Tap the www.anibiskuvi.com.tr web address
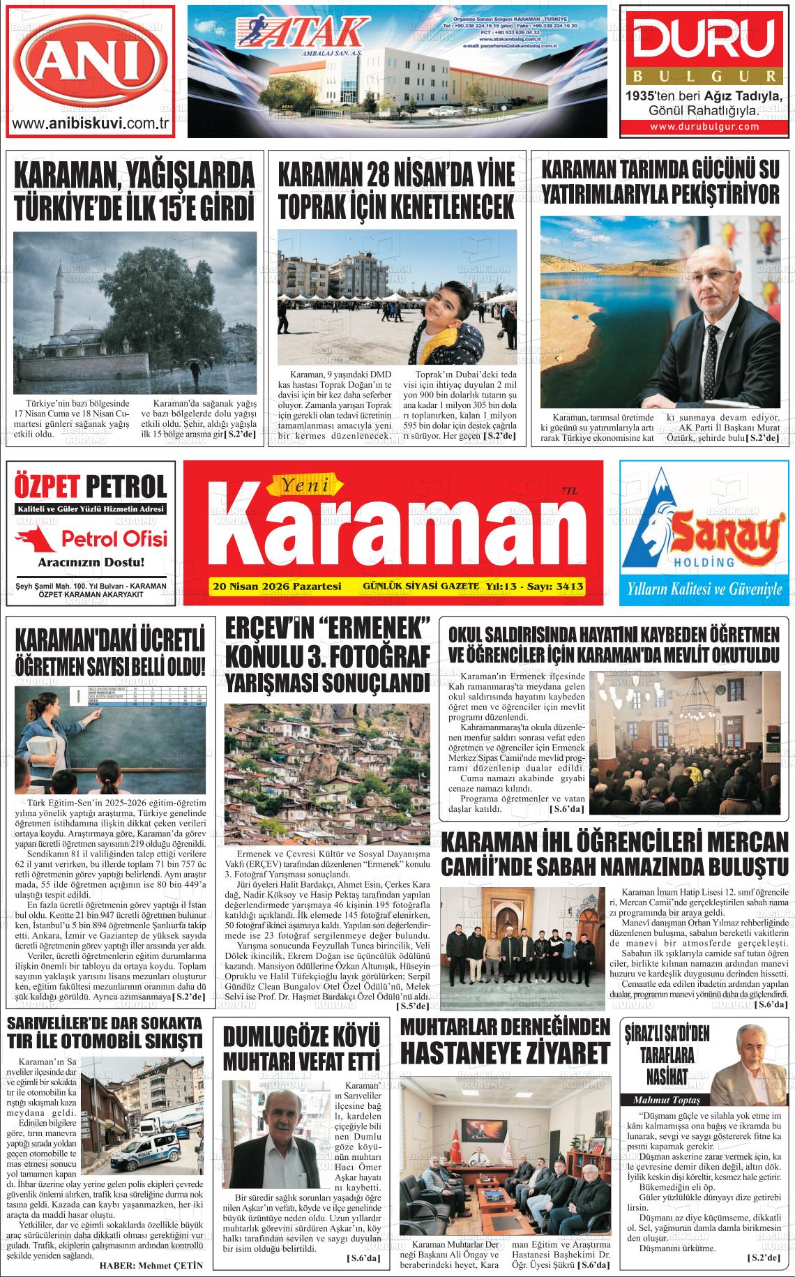pos(91,124)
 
